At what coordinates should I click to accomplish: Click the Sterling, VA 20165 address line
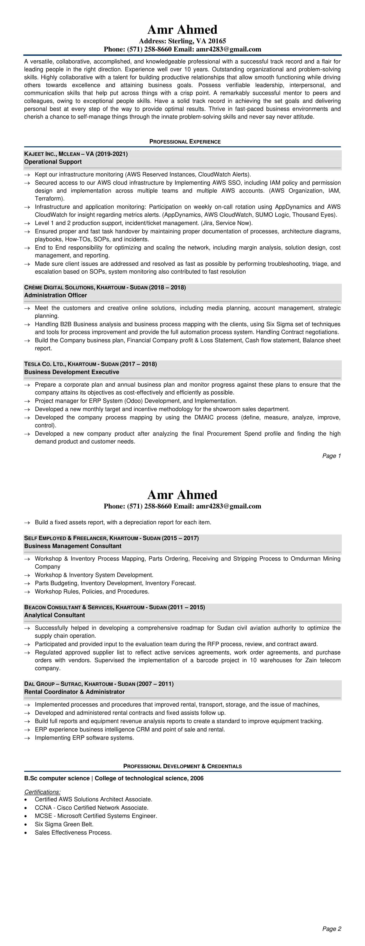click(x=182, y=41)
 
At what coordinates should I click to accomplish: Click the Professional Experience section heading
click(x=185, y=142)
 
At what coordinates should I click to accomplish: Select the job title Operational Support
click(x=53, y=162)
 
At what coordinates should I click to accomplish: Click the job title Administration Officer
click(x=55, y=295)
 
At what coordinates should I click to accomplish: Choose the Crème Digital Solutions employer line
click(x=105, y=287)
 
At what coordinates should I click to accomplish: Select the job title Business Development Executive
click(x=71, y=372)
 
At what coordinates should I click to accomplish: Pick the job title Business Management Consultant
click(x=73, y=546)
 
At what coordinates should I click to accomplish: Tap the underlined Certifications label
click(x=42, y=792)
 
